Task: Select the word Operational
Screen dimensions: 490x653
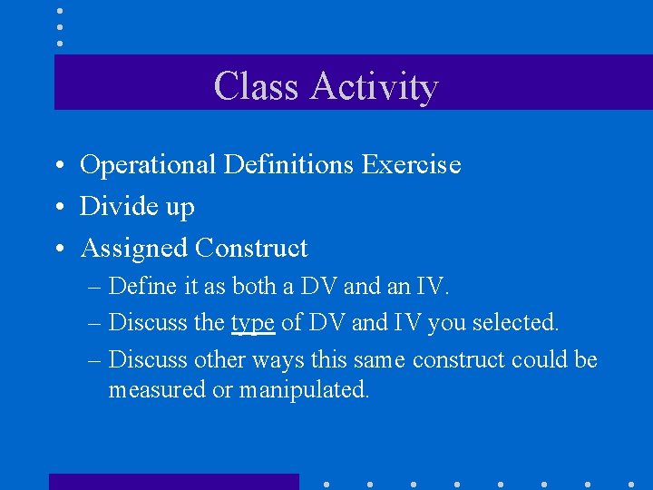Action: [148, 165]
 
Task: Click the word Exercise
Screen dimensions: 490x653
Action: [411, 164]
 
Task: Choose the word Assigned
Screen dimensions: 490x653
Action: [134, 249]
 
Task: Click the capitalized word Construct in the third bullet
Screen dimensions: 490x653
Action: [251, 248]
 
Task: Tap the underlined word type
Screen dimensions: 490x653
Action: [253, 323]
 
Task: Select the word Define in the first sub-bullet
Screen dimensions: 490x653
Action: [143, 287]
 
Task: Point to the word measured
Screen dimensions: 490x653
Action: [157, 389]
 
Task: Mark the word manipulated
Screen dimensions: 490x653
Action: [304, 390]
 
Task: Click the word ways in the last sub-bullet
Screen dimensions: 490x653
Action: [278, 360]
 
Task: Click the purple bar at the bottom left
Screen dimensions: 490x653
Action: [173, 482]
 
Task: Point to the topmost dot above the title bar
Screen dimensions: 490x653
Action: [60, 12]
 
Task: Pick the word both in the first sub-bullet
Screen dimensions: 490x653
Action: [258, 287]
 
